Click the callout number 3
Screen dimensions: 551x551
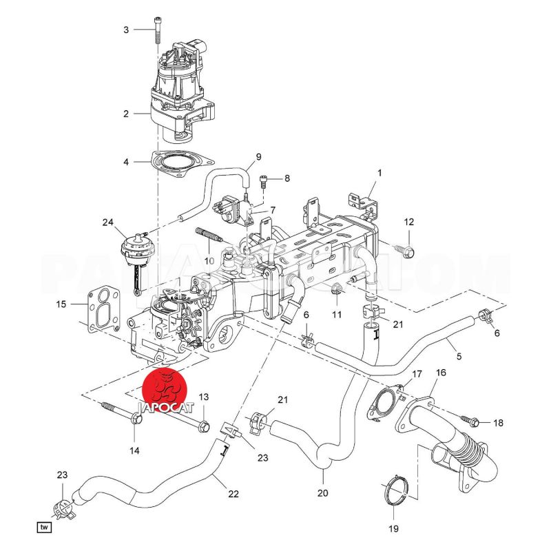(x=126, y=30)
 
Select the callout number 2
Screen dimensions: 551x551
(x=126, y=114)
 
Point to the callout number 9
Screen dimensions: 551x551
(x=259, y=157)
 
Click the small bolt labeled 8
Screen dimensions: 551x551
(x=264, y=180)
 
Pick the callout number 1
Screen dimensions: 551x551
(x=379, y=171)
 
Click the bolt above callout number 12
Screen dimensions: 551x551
(x=406, y=251)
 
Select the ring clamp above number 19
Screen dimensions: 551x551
(x=395, y=493)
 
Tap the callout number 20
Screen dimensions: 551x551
(x=323, y=493)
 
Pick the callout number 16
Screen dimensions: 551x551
(x=441, y=373)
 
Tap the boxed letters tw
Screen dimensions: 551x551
(x=45, y=528)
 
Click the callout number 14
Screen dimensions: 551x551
(x=134, y=450)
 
